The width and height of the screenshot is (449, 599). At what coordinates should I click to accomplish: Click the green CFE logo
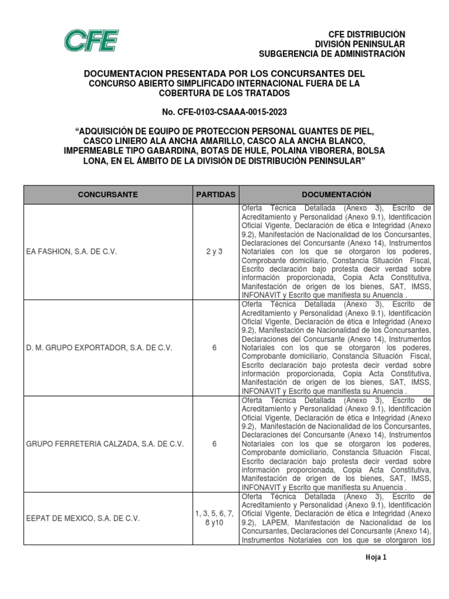tap(91, 42)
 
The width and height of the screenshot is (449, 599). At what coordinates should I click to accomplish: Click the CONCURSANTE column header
tap(109, 194)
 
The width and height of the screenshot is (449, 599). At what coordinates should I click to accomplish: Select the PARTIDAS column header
tap(215, 194)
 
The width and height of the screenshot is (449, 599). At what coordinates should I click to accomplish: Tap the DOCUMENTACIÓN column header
tap(336, 194)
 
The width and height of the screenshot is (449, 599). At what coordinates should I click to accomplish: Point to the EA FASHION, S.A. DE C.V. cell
tap(72, 251)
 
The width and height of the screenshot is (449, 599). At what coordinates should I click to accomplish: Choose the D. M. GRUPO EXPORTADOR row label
tap(99, 347)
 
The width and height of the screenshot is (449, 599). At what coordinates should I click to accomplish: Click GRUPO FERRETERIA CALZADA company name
tap(105, 444)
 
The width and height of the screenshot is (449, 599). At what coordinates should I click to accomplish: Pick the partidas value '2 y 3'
tap(215, 251)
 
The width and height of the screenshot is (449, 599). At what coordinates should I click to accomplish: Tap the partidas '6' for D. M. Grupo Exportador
tap(215, 347)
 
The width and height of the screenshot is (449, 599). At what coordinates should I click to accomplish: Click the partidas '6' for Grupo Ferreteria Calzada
tap(215, 444)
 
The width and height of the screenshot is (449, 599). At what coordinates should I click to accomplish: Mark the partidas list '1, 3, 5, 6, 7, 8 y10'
tap(215, 518)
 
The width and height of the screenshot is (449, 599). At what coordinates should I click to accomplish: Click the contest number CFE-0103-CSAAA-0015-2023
tap(224, 111)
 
